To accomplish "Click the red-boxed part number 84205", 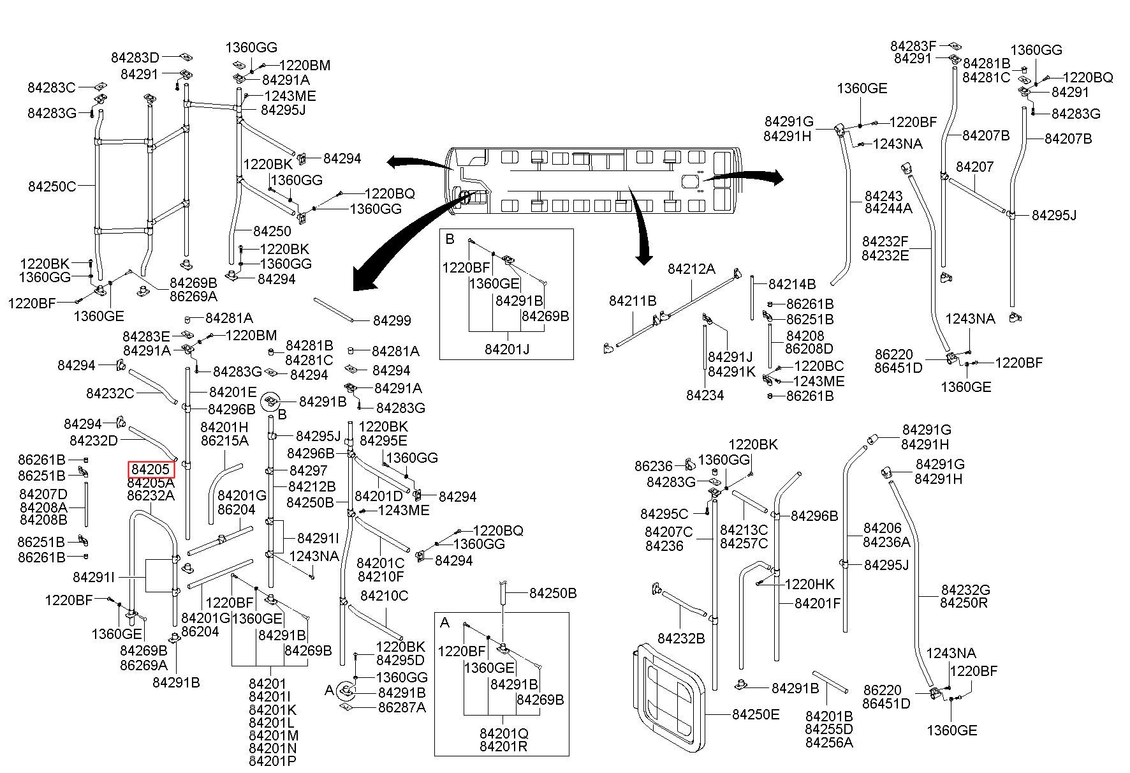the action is click(x=151, y=469).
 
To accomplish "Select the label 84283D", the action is click(x=135, y=57).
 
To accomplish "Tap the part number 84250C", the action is click(x=52, y=186).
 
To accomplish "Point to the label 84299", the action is click(x=392, y=320).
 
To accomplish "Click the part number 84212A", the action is click(x=692, y=269).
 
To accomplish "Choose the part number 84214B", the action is click(x=792, y=284).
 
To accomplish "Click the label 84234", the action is click(x=705, y=395).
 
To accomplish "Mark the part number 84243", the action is click(x=884, y=195).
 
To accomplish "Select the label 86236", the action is click(x=654, y=467).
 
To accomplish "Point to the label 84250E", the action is click(x=756, y=714).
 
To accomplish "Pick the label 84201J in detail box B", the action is click(x=507, y=349).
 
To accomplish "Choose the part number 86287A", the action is click(x=402, y=707).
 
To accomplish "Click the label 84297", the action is click(x=309, y=470).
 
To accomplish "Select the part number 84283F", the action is click(x=913, y=46).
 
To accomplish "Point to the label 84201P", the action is click(x=272, y=760).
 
